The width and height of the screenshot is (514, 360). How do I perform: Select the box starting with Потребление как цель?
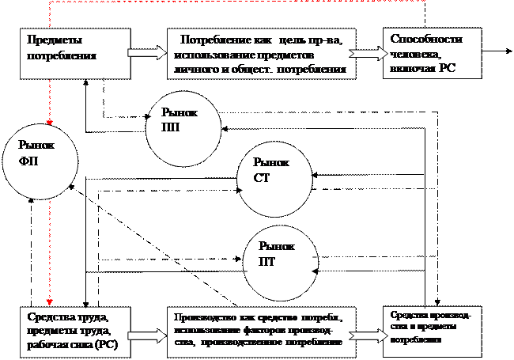pyautogui.click(x=262, y=55)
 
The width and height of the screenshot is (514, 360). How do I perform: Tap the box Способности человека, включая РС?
pyautogui.click(x=432, y=55)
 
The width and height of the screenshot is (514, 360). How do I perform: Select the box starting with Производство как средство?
pyautogui.click(x=262, y=329)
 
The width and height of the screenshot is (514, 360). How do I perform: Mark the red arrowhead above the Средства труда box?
pyautogui.click(x=50, y=301)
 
